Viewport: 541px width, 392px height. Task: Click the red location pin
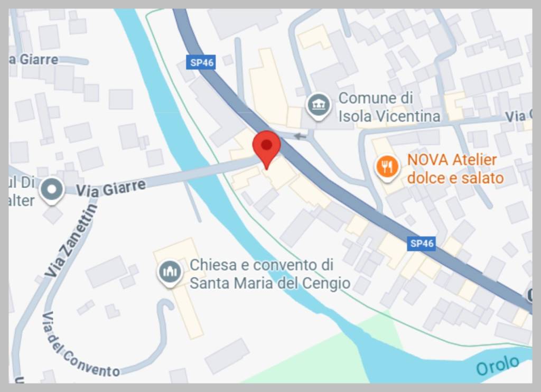[267, 146]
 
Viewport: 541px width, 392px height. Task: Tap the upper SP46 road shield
[202, 62]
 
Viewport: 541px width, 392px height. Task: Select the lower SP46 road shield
[422, 244]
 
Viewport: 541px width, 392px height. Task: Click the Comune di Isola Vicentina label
[389, 107]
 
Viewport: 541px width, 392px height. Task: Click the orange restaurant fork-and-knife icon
[387, 167]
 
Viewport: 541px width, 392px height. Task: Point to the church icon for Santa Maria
[170, 272]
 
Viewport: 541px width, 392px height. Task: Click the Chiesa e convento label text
[269, 274]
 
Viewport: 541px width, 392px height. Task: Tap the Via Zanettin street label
[71, 242]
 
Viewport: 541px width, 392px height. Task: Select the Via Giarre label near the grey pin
[110, 188]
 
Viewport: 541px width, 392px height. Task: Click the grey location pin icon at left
[52, 188]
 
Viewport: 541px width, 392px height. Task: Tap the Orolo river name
[497, 365]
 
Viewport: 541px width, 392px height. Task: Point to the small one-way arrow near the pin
[300, 136]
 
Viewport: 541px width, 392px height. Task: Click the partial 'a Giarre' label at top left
[34, 59]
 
